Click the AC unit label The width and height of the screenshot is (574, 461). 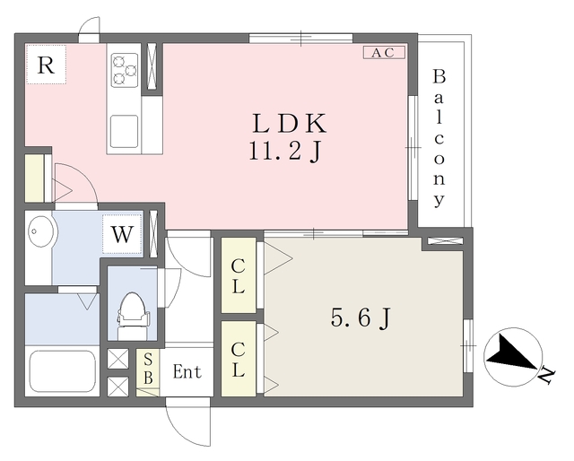tap(384, 52)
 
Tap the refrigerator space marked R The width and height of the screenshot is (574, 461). tap(46, 65)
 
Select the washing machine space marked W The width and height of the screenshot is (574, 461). tap(122, 234)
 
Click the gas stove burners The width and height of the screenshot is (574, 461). tap(125, 70)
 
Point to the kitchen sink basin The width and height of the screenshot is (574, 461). tap(125, 132)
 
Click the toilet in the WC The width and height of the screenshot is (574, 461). tap(133, 316)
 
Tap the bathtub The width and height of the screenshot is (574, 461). tap(63, 371)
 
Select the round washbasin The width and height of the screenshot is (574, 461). tap(41, 231)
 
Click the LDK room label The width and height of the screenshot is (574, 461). tap(289, 124)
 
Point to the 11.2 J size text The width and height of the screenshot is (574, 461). tap(285, 151)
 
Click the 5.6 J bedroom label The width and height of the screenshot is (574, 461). tap(361, 317)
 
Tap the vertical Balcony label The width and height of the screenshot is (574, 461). tap(439, 138)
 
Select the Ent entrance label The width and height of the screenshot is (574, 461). tap(187, 371)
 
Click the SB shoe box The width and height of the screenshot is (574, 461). tap(148, 372)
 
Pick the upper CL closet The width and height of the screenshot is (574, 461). tap(239, 275)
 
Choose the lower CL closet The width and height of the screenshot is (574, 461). tap(239, 359)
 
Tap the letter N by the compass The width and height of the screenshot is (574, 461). tap(547, 375)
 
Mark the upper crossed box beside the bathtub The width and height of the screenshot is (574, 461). tap(117, 359)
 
